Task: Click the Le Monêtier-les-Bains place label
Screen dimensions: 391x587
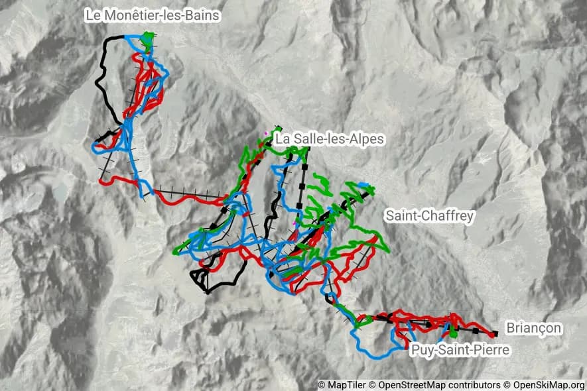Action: (152, 15)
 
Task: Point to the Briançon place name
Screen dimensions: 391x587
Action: (533, 328)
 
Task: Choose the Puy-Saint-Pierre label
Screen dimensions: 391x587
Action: (460, 349)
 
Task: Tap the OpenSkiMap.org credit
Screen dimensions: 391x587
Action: (548, 385)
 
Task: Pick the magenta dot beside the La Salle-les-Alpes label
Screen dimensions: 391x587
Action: (266, 133)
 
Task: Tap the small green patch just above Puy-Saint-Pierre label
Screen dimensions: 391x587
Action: (452, 331)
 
